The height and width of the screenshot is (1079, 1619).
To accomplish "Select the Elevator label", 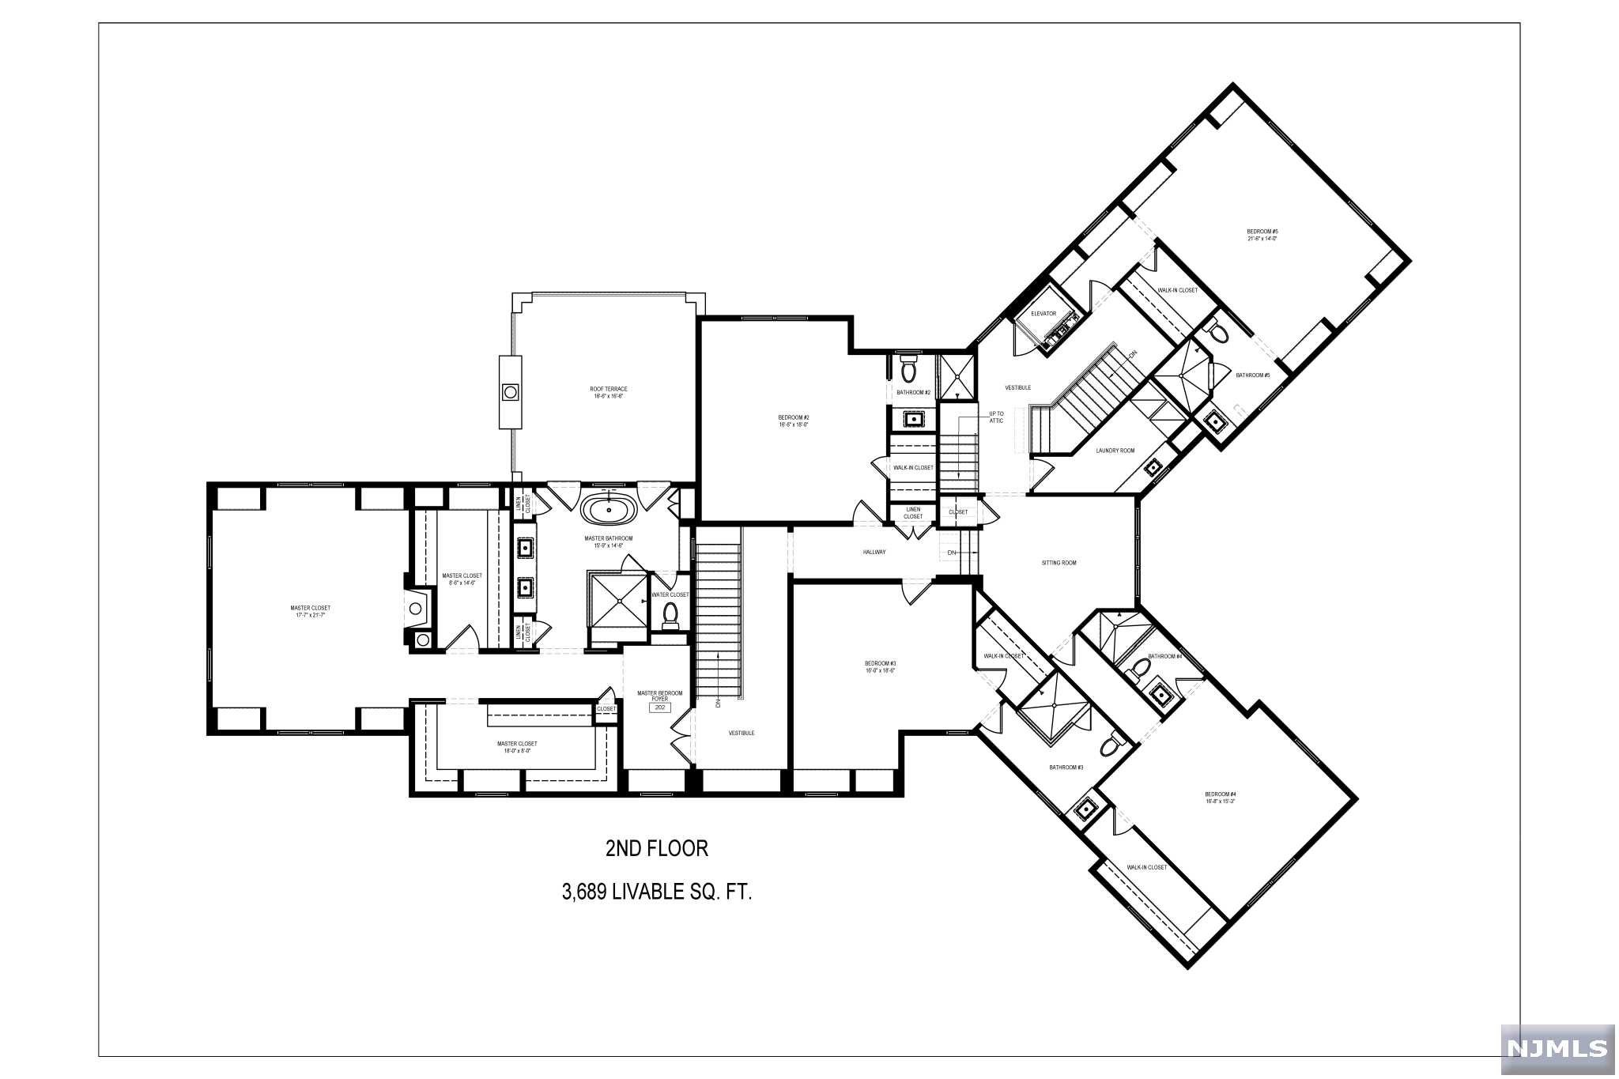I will point(1043,314).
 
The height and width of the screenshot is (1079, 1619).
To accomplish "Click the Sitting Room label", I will point(1059,563).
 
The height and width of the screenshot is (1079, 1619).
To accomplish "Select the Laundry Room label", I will point(1115,451).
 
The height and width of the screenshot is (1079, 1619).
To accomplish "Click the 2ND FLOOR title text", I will point(656,849).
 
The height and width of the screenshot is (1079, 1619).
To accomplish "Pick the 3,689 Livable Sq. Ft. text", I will point(656,892).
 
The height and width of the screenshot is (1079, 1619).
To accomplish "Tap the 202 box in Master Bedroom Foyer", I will point(659,708).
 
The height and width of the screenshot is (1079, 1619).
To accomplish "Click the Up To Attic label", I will point(996,417).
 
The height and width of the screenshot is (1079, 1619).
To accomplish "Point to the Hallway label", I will point(874,552).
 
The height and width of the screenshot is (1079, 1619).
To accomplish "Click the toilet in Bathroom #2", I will point(908,369).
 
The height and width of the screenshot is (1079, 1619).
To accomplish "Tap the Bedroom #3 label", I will point(880,666).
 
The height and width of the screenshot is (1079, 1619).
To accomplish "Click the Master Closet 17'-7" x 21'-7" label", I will point(310,611).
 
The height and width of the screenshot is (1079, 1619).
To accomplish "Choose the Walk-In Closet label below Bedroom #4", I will point(1146,867).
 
